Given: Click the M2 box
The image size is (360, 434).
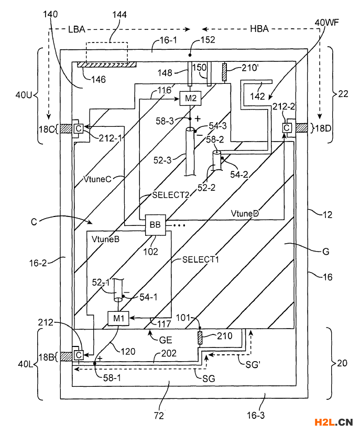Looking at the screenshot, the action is [x=190, y=98].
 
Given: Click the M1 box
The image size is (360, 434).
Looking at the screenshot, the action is [x=118, y=318].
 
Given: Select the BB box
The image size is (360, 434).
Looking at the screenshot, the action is [x=156, y=225].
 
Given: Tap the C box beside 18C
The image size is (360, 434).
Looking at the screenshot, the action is [x=79, y=128].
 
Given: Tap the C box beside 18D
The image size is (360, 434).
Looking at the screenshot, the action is [x=287, y=128].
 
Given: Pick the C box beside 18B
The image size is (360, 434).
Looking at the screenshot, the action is [x=79, y=355].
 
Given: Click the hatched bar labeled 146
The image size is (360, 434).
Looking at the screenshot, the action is [x=106, y=64].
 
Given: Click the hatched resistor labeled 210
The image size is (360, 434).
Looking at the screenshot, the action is [x=200, y=338].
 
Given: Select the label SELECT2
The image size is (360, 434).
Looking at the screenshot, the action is [x=170, y=195].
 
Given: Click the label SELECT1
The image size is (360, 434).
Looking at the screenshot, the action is [x=201, y=259].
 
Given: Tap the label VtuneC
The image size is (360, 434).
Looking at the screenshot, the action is [x=97, y=179].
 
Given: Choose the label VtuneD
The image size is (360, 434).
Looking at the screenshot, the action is [x=245, y=213].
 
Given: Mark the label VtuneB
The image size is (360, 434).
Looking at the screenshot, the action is [x=106, y=239].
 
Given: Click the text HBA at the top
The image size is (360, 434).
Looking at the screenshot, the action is [x=259, y=29].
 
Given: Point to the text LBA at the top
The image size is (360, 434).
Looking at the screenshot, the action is [x=77, y=29].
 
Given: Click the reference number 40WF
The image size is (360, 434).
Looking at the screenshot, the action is [x=326, y=23].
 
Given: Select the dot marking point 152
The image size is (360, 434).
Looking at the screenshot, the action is [x=190, y=55].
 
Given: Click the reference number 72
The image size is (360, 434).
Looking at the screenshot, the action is [x=159, y=416].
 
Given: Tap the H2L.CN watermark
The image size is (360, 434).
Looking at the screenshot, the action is [x=334, y=422].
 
